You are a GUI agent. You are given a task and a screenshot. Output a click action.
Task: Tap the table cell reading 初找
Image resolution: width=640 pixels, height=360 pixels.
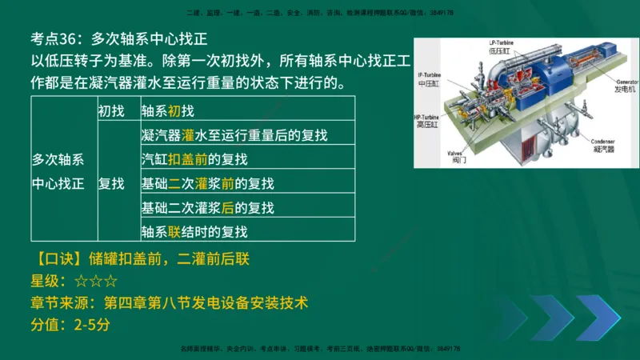[x=111, y=110]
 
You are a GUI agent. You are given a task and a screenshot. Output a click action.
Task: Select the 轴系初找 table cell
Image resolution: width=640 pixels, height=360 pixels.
[x=167, y=110]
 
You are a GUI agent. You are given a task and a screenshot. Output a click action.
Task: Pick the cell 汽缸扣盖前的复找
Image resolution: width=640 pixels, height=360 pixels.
[x=194, y=159]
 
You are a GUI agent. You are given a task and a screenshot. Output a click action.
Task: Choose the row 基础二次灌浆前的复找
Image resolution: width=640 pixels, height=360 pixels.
[x=207, y=183]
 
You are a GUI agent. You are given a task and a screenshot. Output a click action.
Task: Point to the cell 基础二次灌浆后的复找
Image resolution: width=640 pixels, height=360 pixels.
[x=207, y=208]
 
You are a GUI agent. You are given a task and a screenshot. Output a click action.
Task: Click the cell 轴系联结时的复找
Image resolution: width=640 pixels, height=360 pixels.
[x=194, y=232]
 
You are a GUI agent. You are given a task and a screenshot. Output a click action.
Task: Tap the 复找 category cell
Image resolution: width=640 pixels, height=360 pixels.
[x=111, y=183]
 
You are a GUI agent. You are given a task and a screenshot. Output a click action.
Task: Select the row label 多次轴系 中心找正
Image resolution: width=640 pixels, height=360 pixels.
[x=58, y=171]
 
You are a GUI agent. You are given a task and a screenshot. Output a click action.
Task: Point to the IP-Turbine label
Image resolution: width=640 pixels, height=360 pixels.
[x=430, y=75]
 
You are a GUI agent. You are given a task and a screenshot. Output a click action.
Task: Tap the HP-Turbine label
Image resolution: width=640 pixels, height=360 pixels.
[x=427, y=118]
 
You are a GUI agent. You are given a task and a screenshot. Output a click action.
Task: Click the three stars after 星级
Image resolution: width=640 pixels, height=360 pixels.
[x=95, y=281]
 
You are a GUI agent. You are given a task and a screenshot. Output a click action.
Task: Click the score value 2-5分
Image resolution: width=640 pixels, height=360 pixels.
[x=90, y=326]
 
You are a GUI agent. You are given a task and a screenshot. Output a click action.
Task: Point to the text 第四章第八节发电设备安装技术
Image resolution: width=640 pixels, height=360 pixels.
[x=205, y=303]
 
